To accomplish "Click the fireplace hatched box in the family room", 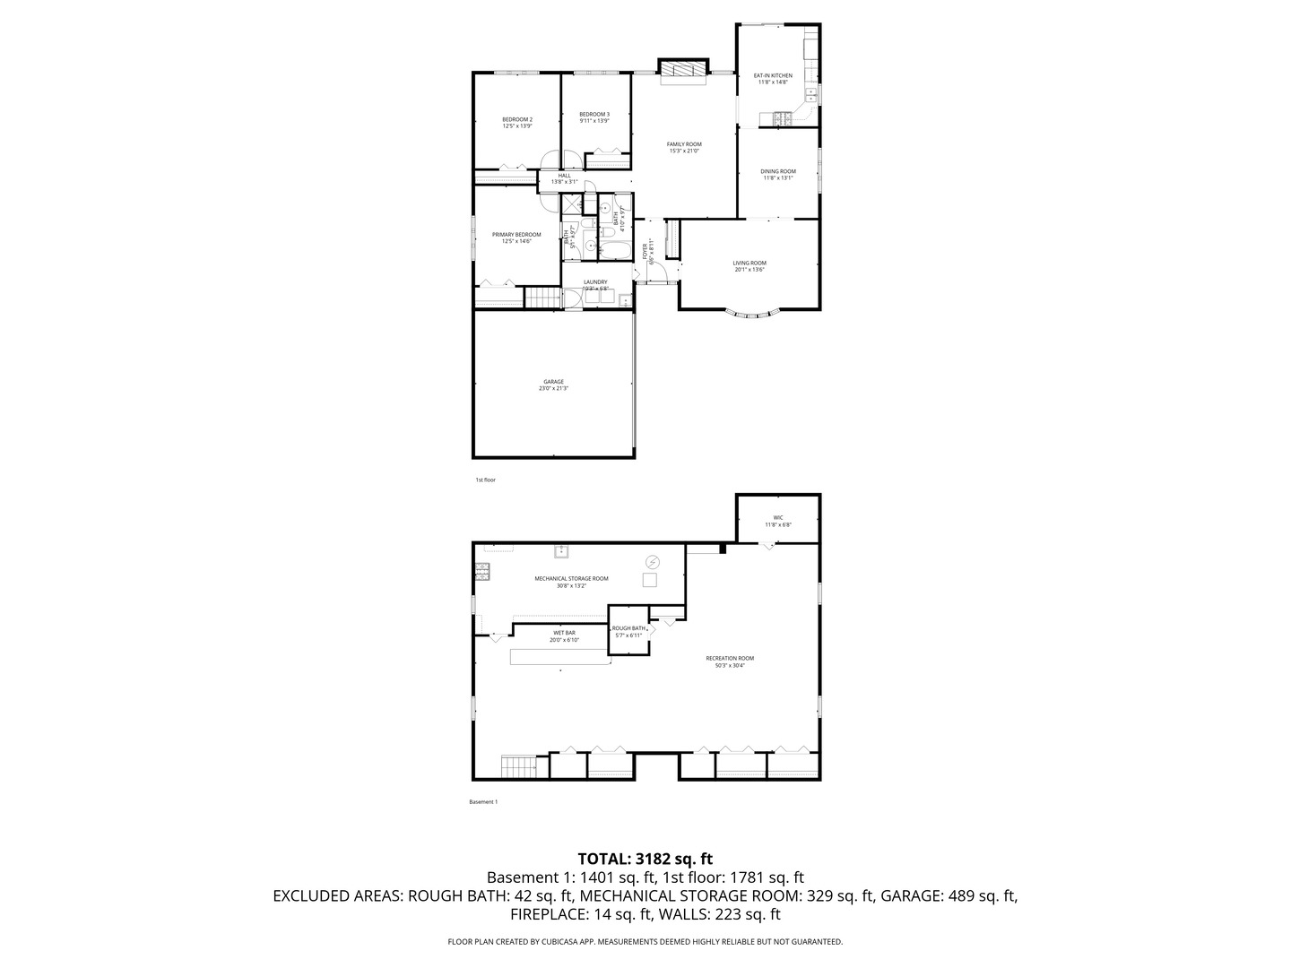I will point(684,69).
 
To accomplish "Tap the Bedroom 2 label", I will point(517,119).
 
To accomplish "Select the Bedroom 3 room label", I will point(594,114).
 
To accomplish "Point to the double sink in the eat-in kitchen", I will point(810,92).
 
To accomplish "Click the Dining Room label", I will point(778,171).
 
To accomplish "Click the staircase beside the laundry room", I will point(542,298).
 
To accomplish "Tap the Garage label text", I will point(553,382).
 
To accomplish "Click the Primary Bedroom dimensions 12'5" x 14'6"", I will point(517,241).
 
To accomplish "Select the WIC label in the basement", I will point(778,517).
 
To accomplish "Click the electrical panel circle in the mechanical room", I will point(653,562).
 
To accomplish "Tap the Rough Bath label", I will point(628,628).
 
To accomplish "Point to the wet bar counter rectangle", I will point(559,657).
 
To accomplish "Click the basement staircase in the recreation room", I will point(517,766).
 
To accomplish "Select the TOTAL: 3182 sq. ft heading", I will point(645,858).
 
